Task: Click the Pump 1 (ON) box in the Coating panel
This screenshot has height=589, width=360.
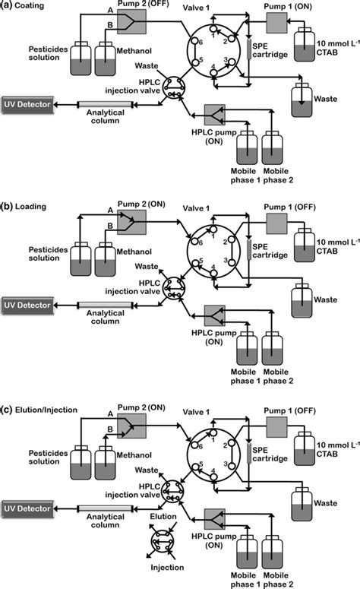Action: pyautogui.click(x=276, y=24)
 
